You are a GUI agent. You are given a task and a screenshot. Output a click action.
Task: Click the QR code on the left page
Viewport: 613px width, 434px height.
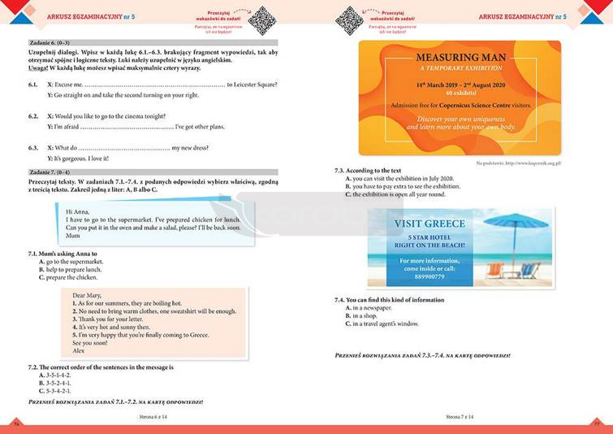coord(261,19)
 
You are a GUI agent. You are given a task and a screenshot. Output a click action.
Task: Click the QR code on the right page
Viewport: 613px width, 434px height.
coord(351,19)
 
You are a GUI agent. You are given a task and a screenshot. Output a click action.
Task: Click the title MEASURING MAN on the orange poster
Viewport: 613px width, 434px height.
coord(459,59)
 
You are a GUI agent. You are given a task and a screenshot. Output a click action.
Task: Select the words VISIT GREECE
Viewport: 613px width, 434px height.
coord(430,224)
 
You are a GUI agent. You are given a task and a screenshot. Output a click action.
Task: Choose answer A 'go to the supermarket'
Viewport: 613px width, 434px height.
coord(71,262)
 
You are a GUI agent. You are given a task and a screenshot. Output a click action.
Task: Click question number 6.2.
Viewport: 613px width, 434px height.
coord(33,115)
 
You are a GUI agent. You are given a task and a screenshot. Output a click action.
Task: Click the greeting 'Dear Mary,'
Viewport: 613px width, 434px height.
coord(89,294)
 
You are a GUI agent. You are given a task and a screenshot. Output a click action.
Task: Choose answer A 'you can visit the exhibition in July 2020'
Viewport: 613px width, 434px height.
coord(399,178)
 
